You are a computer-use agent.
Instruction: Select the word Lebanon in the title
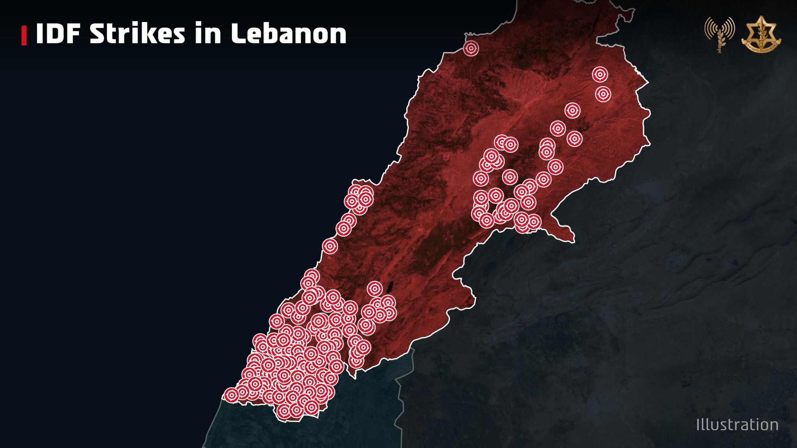(x=289, y=33)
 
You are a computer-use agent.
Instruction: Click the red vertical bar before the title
(x=24, y=35)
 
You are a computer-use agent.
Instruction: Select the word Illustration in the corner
(x=737, y=425)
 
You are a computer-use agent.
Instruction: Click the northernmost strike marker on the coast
(x=471, y=49)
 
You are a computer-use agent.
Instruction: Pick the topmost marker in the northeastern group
(x=600, y=74)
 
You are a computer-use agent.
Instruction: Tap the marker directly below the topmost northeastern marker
(x=603, y=94)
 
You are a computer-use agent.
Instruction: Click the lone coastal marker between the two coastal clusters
(x=330, y=246)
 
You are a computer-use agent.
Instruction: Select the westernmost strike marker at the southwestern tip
(x=231, y=395)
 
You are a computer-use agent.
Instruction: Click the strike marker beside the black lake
(x=375, y=289)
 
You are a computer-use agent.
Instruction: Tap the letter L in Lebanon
(x=239, y=33)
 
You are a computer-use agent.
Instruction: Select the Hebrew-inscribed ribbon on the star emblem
(x=761, y=47)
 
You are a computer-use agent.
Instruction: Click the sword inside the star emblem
(x=761, y=31)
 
